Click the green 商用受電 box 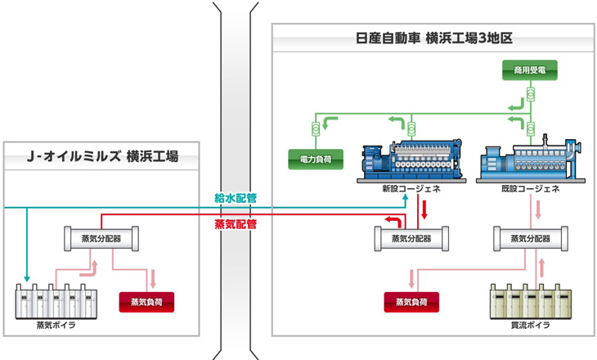(530, 70)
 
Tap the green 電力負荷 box (316, 160)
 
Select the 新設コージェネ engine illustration (411, 160)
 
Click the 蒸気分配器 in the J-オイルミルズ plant (101, 239)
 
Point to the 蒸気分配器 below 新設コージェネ (411, 239)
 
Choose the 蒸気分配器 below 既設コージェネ (531, 239)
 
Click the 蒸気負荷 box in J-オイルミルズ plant (146, 302)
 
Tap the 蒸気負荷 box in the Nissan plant (411, 302)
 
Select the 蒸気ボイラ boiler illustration (56, 301)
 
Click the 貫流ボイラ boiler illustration (531, 301)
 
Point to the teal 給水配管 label (236, 198)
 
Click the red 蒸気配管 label (236, 224)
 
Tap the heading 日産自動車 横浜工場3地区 (434, 38)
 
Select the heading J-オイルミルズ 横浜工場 (102, 156)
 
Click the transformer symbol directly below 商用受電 (531, 94)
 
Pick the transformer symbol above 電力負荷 (316, 129)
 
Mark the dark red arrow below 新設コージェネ (424, 210)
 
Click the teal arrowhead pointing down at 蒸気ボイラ (27, 278)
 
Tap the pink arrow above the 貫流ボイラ (542, 268)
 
